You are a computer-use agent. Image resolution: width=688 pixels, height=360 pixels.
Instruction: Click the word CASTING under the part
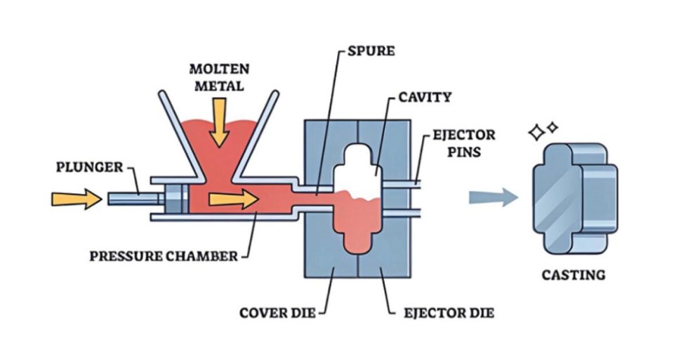[573, 274]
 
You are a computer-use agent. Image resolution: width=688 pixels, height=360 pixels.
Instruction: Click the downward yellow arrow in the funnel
[220, 121]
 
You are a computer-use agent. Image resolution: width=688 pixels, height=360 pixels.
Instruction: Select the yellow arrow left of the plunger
[76, 199]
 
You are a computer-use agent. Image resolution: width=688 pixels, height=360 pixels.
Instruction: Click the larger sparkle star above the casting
[537, 132]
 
